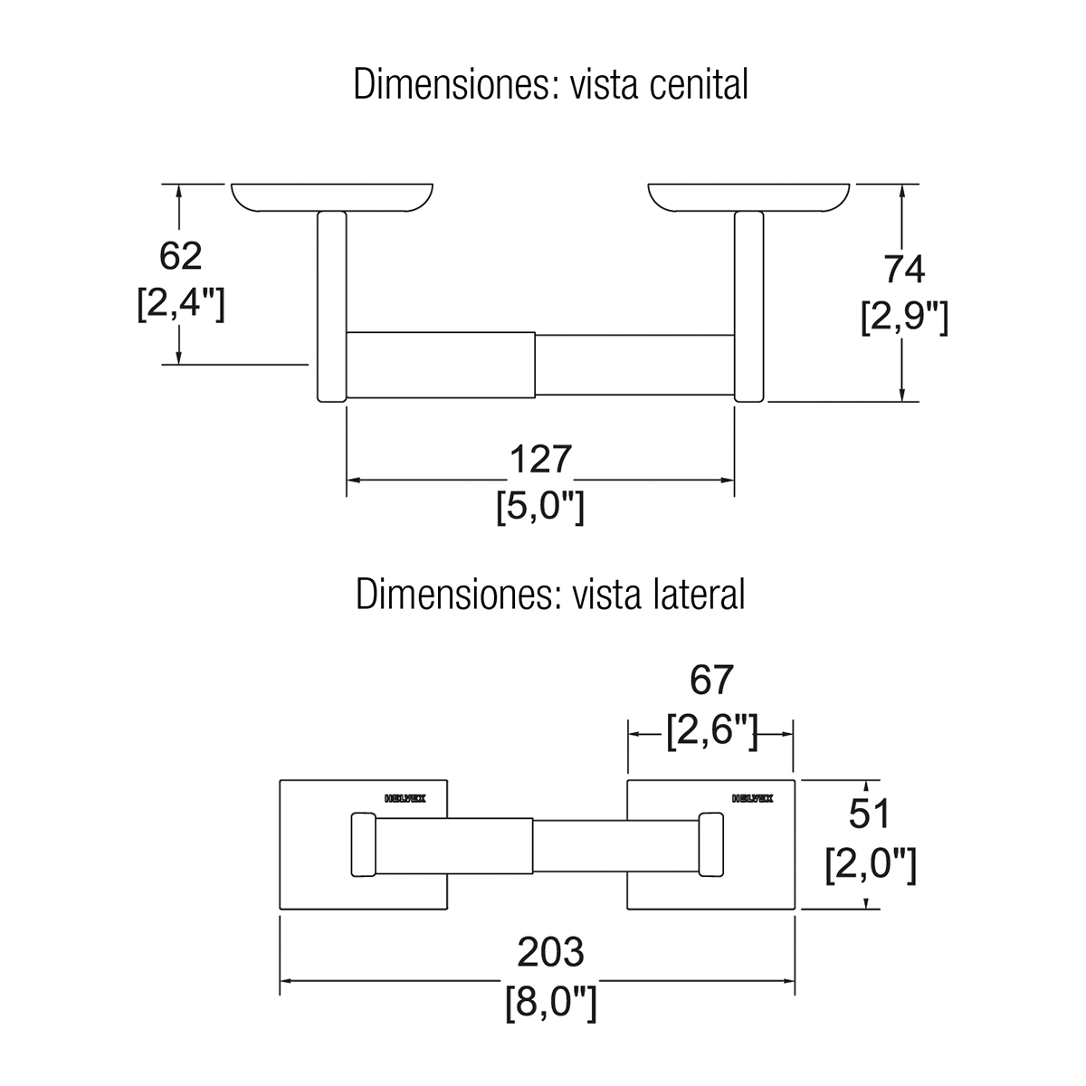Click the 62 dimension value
tap(180, 257)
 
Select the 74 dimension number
tap(903, 270)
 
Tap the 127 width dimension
tap(540, 460)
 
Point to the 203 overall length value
tap(550, 952)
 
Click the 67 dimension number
tap(710, 680)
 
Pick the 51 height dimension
tap(870, 815)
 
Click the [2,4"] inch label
tap(180, 304)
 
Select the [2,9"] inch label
tap(903, 318)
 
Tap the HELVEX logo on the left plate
tap(405, 799)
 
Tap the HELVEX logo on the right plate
tap(752, 799)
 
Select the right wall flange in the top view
tap(749, 198)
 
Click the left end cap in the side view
tap(362, 845)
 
